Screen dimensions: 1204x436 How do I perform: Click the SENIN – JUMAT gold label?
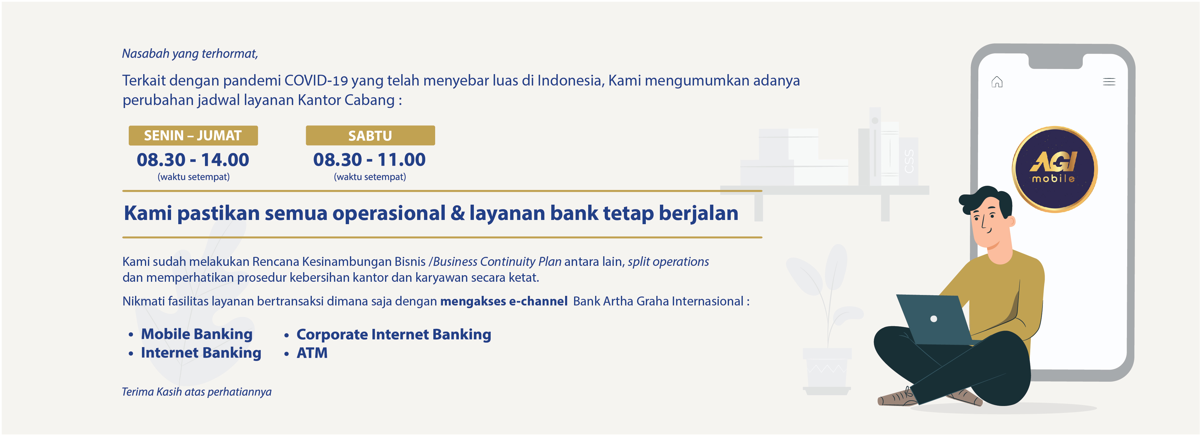click(193, 136)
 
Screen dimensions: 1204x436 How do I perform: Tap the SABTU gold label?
click(370, 136)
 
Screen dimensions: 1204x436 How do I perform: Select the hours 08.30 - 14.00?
click(193, 160)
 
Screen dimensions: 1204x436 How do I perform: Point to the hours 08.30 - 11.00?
click(369, 160)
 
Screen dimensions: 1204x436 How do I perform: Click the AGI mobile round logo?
click(1055, 169)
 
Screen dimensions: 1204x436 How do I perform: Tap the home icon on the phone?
click(997, 82)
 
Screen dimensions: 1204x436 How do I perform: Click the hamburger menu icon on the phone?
click(1109, 82)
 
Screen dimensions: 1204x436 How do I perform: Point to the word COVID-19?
click(316, 80)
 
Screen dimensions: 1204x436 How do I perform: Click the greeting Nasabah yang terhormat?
click(190, 54)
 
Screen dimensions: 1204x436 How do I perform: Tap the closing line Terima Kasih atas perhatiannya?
click(196, 392)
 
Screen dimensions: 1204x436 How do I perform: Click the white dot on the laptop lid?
click(933, 319)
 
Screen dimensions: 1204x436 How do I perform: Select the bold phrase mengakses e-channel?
click(504, 301)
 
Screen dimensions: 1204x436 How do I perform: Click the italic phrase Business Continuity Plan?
click(497, 262)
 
